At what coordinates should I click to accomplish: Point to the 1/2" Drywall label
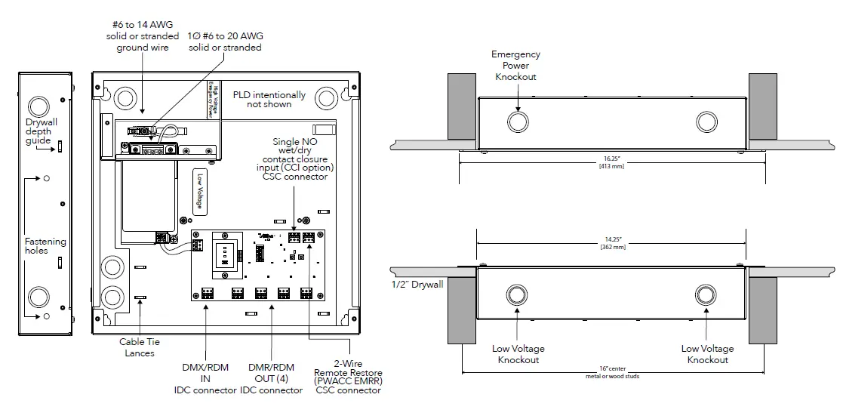click(416, 284)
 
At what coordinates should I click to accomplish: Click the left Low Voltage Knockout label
click(518, 354)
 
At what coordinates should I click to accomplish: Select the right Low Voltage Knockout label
click(707, 354)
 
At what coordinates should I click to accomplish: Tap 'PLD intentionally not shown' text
click(269, 100)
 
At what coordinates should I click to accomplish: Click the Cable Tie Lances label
click(140, 347)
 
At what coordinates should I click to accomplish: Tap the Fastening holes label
click(45, 246)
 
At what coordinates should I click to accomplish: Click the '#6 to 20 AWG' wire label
click(225, 42)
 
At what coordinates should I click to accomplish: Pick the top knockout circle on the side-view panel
click(38, 104)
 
